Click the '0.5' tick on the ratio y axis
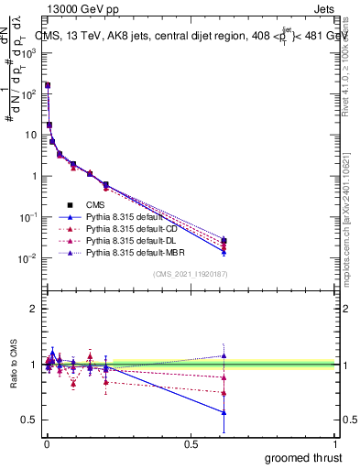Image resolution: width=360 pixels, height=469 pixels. coord(31,420)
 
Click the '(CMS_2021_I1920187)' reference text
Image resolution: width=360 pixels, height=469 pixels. coord(191,274)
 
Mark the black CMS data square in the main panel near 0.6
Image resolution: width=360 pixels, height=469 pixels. coord(224,241)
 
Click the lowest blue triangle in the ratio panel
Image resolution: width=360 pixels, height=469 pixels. coord(224,412)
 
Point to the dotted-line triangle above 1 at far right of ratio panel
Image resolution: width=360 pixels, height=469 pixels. coord(224,355)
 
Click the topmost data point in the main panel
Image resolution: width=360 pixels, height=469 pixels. coord(47,85)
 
